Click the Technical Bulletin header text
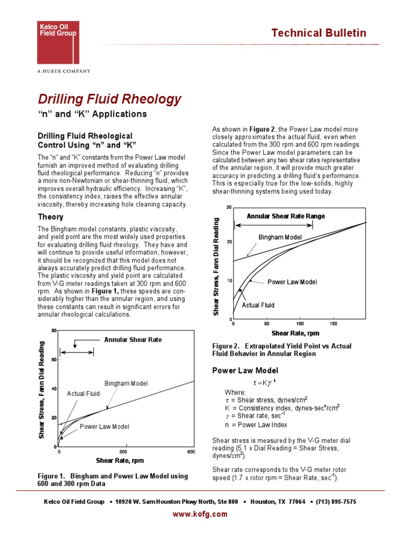pyautogui.click(x=319, y=33)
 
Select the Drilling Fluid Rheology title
pyautogui.click(x=110, y=99)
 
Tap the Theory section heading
pyautogui.click(x=51, y=217)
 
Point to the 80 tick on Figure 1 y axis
pyautogui.click(x=54, y=331)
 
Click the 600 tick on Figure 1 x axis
pyautogui.click(x=191, y=452)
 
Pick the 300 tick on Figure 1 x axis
pyautogui.click(x=124, y=452)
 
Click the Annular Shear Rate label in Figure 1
pyautogui.click(x=133, y=339)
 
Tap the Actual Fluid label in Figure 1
pyautogui.click(x=83, y=394)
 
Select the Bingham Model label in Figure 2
pyautogui.click(x=280, y=237)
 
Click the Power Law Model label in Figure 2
pyautogui.click(x=292, y=282)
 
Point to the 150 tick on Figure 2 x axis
pyautogui.click(x=334, y=324)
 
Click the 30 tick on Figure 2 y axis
pyautogui.click(x=229, y=208)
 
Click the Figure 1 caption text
pyautogui.click(x=113, y=480)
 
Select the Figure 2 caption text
pyautogui.click(x=281, y=350)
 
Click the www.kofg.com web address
pyautogui.click(x=200, y=514)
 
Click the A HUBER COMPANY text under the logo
pyautogui.click(x=63, y=71)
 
